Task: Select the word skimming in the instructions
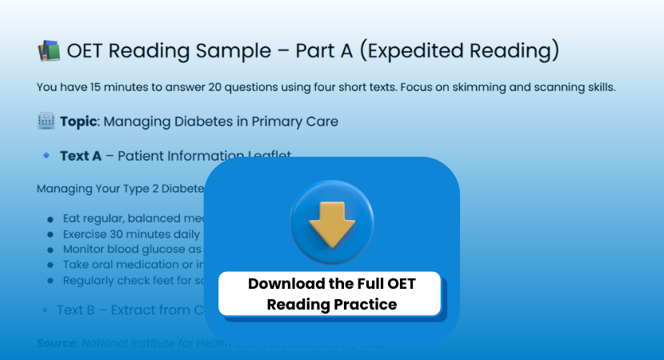click(477, 87)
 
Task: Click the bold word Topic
click(80, 122)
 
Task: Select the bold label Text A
click(81, 156)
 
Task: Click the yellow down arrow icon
click(332, 223)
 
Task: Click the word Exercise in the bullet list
click(87, 234)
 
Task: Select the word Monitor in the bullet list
click(86, 250)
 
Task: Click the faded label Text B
click(82, 310)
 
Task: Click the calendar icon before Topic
click(46, 122)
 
